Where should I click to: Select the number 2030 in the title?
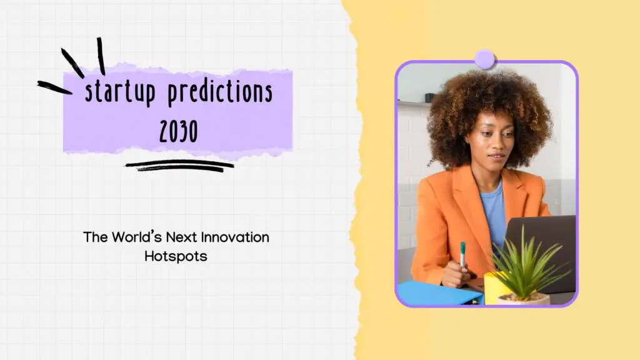point(177,131)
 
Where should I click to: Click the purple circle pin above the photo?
point(484,59)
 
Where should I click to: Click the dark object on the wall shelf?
point(429,97)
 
